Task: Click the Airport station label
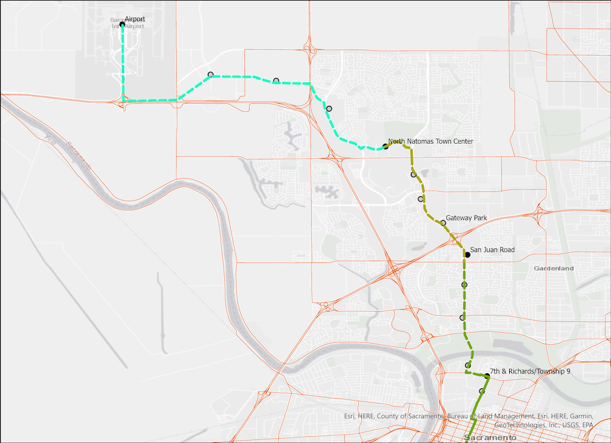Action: pos(135,19)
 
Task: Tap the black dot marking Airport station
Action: pos(122,25)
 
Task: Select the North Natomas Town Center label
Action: pos(430,141)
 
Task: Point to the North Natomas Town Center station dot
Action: pos(386,146)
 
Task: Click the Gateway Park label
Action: pos(466,218)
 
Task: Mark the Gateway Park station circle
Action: pos(443,223)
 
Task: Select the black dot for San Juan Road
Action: pos(467,255)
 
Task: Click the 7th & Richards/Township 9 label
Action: pos(530,371)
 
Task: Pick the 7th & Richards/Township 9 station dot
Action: pos(487,376)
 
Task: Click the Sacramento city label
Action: pos(490,438)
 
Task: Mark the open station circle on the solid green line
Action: pos(482,391)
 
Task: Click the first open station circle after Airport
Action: pos(210,75)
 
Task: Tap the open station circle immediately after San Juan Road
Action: pos(464,284)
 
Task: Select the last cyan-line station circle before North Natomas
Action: pos(329,108)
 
